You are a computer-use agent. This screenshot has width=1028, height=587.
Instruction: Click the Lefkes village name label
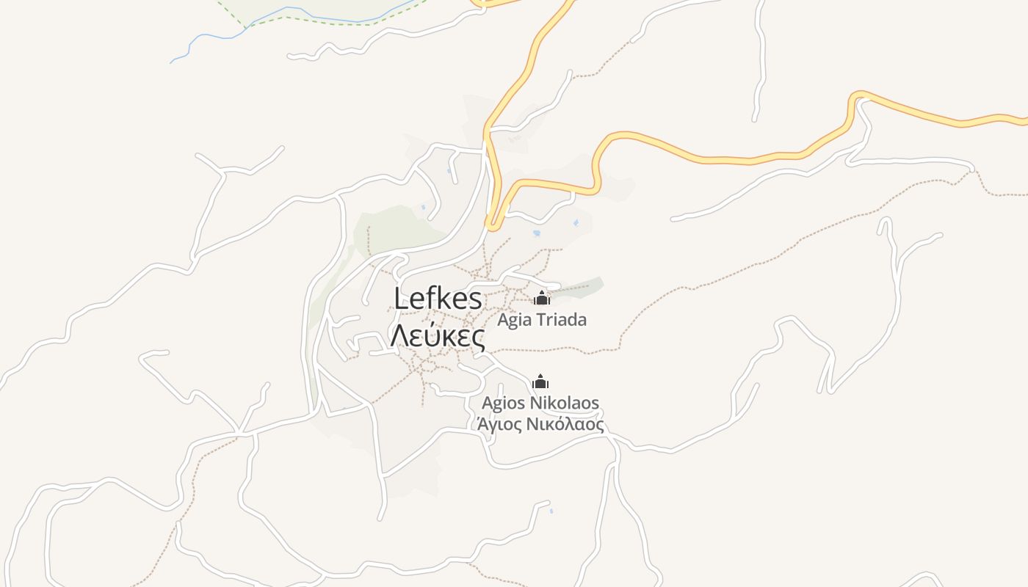point(438,299)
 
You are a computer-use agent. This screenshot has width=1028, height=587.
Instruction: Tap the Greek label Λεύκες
point(438,336)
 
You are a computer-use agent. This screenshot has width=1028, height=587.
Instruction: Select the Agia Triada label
point(542,320)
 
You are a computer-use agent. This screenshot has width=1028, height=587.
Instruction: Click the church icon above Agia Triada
point(542,298)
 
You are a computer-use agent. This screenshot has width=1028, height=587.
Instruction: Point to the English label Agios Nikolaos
point(540,403)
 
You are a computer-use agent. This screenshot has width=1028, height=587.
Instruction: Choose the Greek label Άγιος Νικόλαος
point(540,424)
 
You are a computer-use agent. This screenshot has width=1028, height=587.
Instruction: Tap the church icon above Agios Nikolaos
point(540,382)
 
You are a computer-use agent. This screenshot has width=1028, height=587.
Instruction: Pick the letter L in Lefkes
point(401,299)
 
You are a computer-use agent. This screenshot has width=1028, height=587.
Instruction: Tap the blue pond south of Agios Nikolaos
point(551,511)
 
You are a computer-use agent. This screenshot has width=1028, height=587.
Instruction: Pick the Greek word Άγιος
point(498,424)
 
